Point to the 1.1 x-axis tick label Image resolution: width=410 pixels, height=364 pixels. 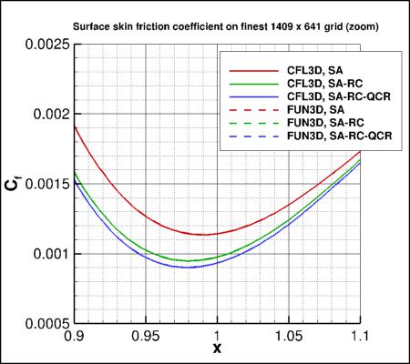362,336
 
